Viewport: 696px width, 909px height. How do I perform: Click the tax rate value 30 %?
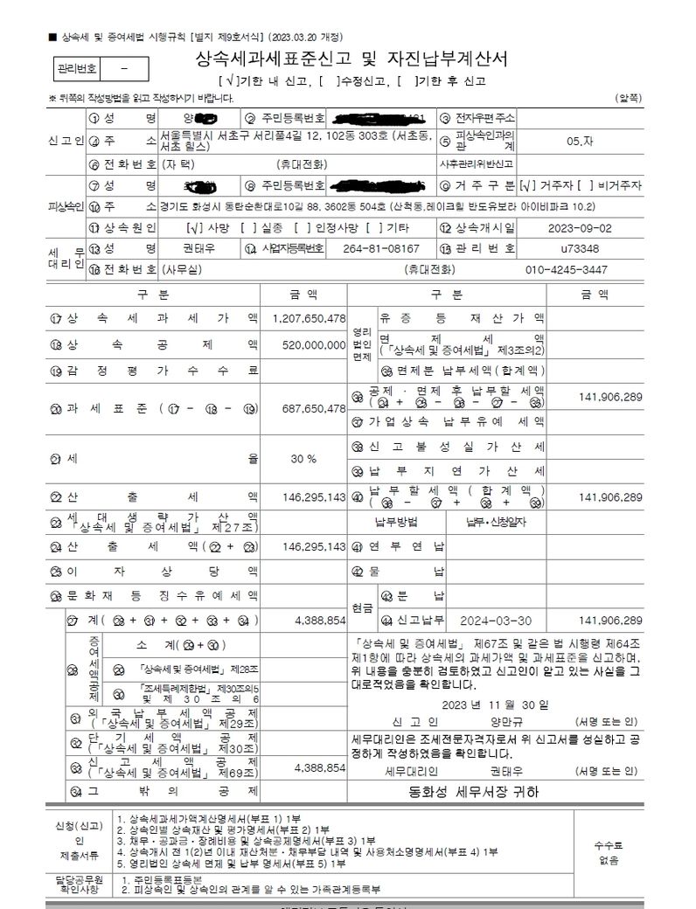pyautogui.click(x=303, y=459)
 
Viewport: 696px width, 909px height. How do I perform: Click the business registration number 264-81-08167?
pyautogui.click(x=380, y=248)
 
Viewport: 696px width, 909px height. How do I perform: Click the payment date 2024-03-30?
pyautogui.click(x=496, y=620)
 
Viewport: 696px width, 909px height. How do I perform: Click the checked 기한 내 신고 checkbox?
pyautogui.click(x=211, y=80)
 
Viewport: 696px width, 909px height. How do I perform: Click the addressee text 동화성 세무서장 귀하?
pyautogui.click(x=475, y=792)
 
